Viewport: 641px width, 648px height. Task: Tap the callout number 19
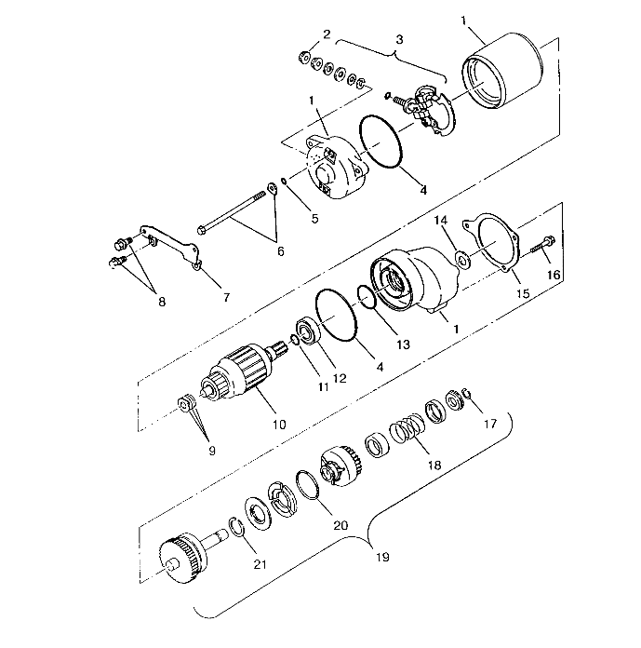coord(383,558)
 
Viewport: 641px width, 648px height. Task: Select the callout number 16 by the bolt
coord(554,276)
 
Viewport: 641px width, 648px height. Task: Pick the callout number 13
coord(403,344)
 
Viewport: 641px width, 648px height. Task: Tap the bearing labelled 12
coord(309,333)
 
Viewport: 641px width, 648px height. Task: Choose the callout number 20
coord(340,525)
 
